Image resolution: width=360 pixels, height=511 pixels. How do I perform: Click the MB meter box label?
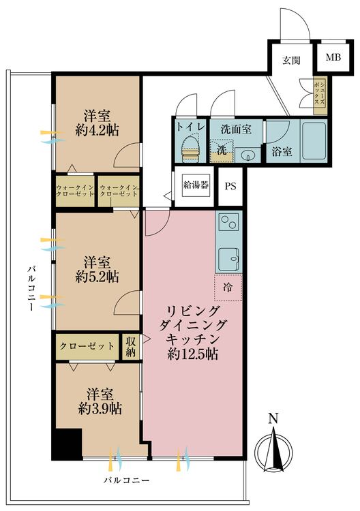(x=333, y=57)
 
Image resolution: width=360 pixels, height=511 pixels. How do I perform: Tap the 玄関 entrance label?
(x=292, y=60)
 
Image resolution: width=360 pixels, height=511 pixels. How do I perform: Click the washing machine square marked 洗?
(x=221, y=150)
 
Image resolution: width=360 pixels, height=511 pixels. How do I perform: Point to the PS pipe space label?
(x=230, y=187)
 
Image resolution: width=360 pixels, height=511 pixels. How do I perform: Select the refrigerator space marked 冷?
(x=228, y=288)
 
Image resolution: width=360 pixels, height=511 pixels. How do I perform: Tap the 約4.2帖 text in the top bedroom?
(x=98, y=130)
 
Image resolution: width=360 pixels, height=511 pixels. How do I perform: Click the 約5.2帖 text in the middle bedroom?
(x=98, y=277)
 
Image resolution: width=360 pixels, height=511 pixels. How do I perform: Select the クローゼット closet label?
(x=87, y=346)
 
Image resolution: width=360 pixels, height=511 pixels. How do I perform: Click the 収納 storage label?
(x=131, y=346)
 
